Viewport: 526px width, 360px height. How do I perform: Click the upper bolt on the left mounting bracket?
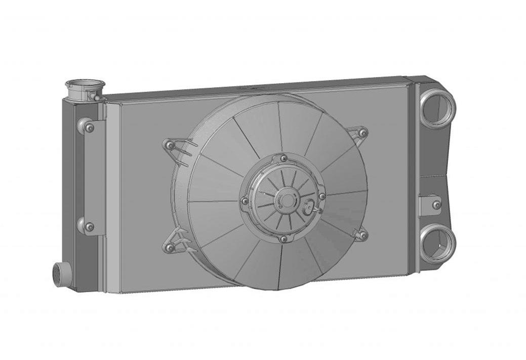click(x=90, y=128)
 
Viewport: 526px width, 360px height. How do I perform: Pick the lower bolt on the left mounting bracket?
click(x=90, y=227)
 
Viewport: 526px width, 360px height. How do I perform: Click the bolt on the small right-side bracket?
click(x=436, y=205)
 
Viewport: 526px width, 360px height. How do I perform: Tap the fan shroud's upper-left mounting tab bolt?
click(x=171, y=146)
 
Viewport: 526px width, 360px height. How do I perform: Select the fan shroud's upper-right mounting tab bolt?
click(x=362, y=133)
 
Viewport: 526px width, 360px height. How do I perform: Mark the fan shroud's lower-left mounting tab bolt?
click(x=170, y=248)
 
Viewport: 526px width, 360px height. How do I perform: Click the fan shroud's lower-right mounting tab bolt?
click(x=362, y=235)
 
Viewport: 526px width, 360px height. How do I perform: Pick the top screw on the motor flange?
click(x=283, y=158)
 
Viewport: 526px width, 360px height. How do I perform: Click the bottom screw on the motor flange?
click(x=284, y=238)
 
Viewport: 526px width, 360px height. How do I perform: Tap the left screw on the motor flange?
click(x=246, y=202)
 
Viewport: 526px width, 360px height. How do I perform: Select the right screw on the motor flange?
click(x=321, y=196)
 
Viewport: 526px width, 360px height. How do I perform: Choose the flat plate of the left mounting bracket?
click(x=96, y=177)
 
